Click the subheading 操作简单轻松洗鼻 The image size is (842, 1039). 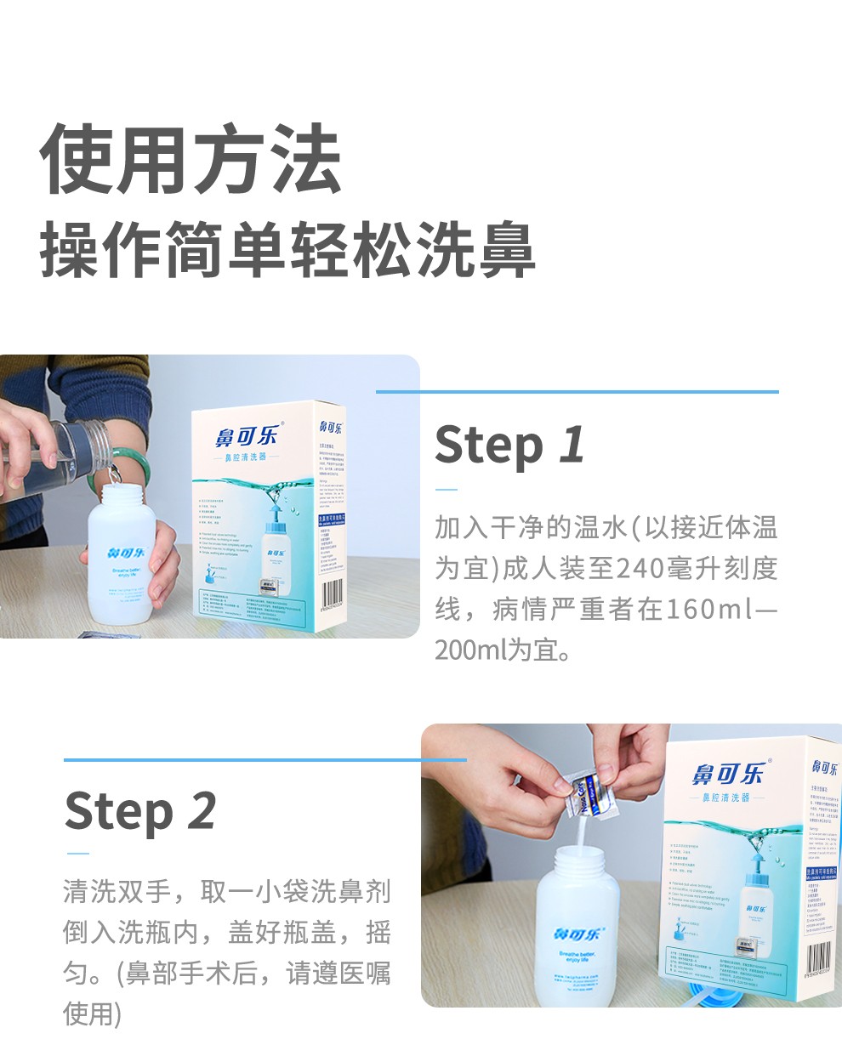click(x=287, y=249)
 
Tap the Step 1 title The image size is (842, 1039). click(x=509, y=445)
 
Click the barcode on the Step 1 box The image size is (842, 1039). click(x=334, y=592)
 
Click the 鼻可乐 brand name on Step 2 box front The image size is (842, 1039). click(x=729, y=774)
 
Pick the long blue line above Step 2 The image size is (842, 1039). click(x=265, y=759)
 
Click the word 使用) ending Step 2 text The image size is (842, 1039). click(x=93, y=1013)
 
